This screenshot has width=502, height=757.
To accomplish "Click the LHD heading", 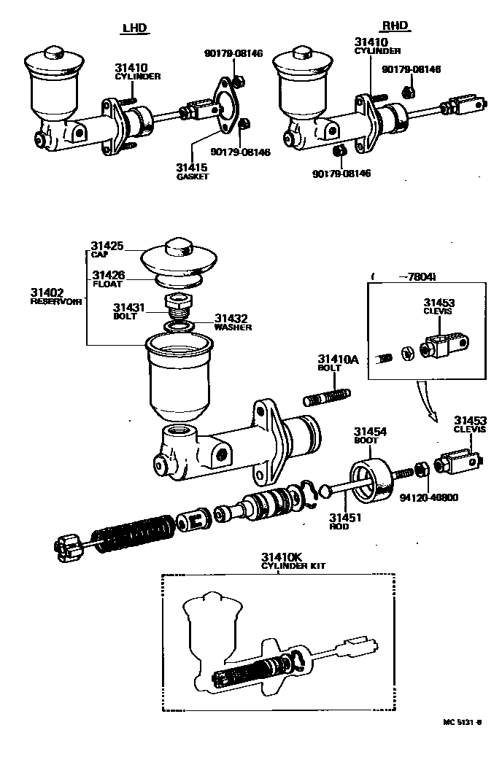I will pyautogui.click(x=134, y=28).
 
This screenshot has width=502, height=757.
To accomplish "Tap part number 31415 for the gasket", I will pyautogui.click(x=192, y=167).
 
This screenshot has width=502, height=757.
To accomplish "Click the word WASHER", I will pyautogui.click(x=233, y=327).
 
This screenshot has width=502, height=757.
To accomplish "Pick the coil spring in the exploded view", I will pyautogui.click(x=135, y=534).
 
